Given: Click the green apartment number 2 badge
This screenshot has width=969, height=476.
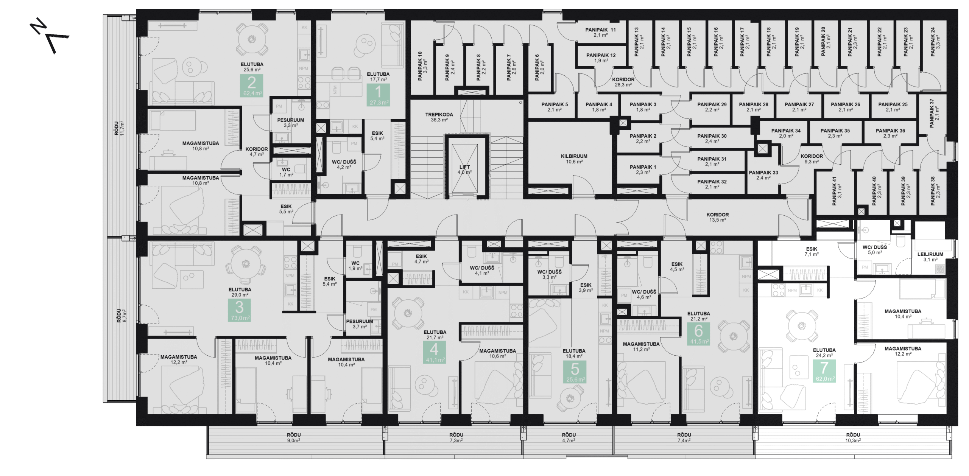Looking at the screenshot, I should (x=252, y=86).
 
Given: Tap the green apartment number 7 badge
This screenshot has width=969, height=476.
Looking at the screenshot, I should (x=824, y=370).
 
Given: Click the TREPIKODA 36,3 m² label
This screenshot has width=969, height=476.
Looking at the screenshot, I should (x=439, y=117).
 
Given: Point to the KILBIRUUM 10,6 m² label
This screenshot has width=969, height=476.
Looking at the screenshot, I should (x=574, y=159).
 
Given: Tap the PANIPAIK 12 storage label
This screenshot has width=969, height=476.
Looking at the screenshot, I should (x=601, y=58).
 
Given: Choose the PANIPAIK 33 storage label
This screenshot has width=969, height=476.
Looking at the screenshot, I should (x=763, y=175).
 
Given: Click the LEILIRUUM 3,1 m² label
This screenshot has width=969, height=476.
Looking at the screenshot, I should (x=930, y=257).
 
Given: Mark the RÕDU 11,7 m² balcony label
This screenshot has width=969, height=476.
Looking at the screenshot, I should (x=120, y=128).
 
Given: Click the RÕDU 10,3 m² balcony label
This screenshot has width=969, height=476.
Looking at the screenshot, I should (x=853, y=437).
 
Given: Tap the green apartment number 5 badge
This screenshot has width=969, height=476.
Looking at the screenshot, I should (x=575, y=372).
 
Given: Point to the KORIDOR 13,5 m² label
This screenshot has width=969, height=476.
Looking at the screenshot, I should (x=717, y=217).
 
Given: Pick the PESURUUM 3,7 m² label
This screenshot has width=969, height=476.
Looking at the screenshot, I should (x=359, y=324).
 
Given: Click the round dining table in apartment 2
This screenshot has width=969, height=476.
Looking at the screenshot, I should (x=251, y=39).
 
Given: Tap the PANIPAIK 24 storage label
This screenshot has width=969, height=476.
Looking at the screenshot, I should (x=935, y=42).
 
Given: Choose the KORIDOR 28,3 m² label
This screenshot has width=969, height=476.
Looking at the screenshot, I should (x=623, y=82).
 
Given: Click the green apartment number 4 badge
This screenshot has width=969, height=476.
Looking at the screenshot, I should (x=435, y=352).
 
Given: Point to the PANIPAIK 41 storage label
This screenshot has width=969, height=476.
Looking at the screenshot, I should (x=837, y=191).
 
